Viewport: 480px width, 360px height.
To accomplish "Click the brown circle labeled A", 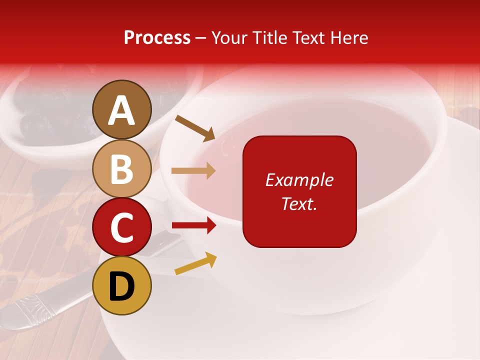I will pyautogui.click(x=122, y=109).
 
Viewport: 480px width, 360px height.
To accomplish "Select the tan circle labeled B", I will pyautogui.click(x=122, y=168).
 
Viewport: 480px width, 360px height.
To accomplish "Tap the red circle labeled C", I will pyautogui.click(x=122, y=227).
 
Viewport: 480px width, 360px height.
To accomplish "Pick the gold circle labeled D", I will pyautogui.click(x=122, y=285).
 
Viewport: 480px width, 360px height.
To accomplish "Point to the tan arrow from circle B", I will pyautogui.click(x=194, y=171).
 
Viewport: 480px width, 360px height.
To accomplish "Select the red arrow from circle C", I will pyautogui.click(x=194, y=225).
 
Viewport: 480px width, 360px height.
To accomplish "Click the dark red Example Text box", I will pyautogui.click(x=299, y=220).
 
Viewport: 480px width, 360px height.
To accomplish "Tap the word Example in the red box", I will pyautogui.click(x=299, y=180).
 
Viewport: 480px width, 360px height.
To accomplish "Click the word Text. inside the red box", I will pyautogui.click(x=299, y=203).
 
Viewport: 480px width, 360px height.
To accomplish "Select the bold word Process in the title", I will pyautogui.click(x=157, y=37).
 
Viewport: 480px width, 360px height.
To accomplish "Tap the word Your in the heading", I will pyautogui.click(x=229, y=37).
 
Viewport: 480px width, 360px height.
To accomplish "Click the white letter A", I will pyautogui.click(x=122, y=110).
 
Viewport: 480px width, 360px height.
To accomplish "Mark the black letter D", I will pyautogui.click(x=122, y=286).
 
